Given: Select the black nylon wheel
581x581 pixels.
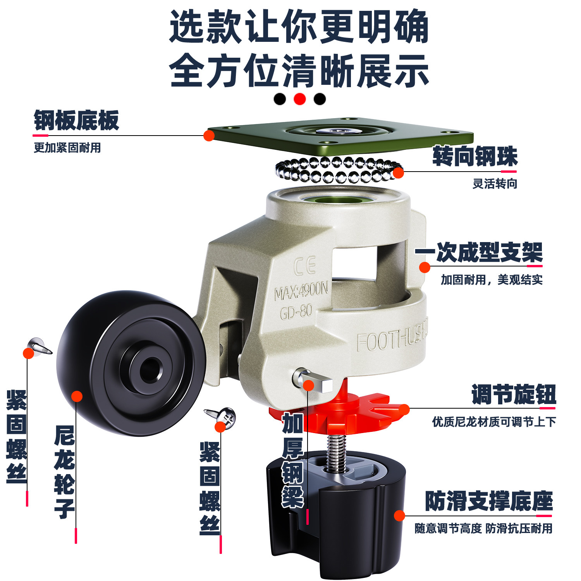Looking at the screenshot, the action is click(x=131, y=364).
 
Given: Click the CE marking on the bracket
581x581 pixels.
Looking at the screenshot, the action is click(x=304, y=266).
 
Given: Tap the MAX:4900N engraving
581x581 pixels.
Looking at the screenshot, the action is click(x=301, y=290).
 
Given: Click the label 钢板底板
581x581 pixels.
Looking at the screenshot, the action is click(x=76, y=120).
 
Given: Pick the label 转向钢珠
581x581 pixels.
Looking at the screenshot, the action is click(x=475, y=156).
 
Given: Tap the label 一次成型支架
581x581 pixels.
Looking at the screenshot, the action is click(x=479, y=253).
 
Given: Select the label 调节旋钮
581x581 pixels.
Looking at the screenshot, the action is click(x=514, y=395).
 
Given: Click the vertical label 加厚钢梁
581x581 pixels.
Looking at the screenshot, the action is click(x=293, y=461).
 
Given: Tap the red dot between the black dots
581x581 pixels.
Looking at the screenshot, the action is click(x=300, y=99).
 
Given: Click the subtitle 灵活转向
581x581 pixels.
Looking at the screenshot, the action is click(x=495, y=184).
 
